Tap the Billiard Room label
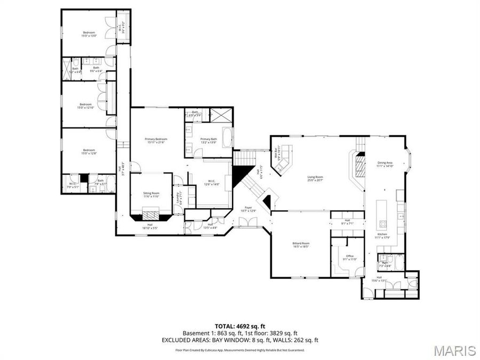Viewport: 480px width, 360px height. coord(301,245)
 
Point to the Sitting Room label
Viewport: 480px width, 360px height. coord(151,194)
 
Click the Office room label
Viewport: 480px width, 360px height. coord(350,257)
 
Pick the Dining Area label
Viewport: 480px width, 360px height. coord(385,164)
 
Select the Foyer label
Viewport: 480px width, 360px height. coord(249,209)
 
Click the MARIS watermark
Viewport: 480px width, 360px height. coord(454,350)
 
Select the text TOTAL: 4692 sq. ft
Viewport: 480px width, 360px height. coord(239,326)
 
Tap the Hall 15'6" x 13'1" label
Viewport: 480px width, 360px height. coord(379,279)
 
